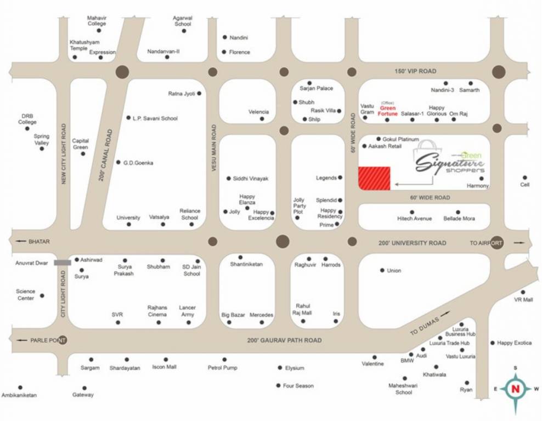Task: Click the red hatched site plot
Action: coord(374,178)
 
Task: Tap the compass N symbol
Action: coord(515,389)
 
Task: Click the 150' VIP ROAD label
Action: coord(415,71)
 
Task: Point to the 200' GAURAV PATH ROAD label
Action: coord(284,340)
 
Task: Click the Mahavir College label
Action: coord(97,21)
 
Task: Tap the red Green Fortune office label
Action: coord(388,111)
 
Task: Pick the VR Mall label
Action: coord(523,300)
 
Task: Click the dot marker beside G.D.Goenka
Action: coord(118,162)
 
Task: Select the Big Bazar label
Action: coord(233,315)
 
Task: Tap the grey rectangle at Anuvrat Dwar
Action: coord(62,263)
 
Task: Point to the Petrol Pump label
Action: coord(223,367)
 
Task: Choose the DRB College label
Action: coord(27,119)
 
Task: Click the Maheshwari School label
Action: coord(404,389)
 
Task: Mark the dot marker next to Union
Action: coord(382,270)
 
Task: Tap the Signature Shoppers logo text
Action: coord(450,162)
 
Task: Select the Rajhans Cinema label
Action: coord(158,311)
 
